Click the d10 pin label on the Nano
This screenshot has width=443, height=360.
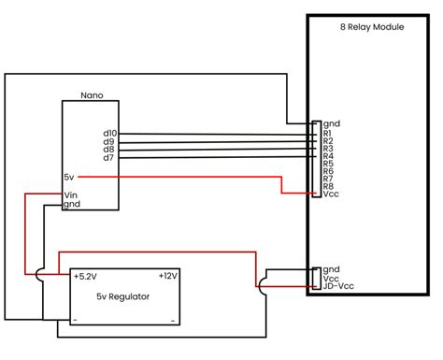(110, 134)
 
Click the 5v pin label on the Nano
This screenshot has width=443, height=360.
(69, 177)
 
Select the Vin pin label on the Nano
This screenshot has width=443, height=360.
(71, 194)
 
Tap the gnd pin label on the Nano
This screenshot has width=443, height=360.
(72, 204)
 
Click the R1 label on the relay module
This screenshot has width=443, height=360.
(328, 134)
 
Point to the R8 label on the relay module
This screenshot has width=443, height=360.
(328, 186)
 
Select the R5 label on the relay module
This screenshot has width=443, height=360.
(328, 164)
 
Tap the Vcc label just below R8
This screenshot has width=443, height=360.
(330, 194)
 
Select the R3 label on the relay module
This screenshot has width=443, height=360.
(328, 149)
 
